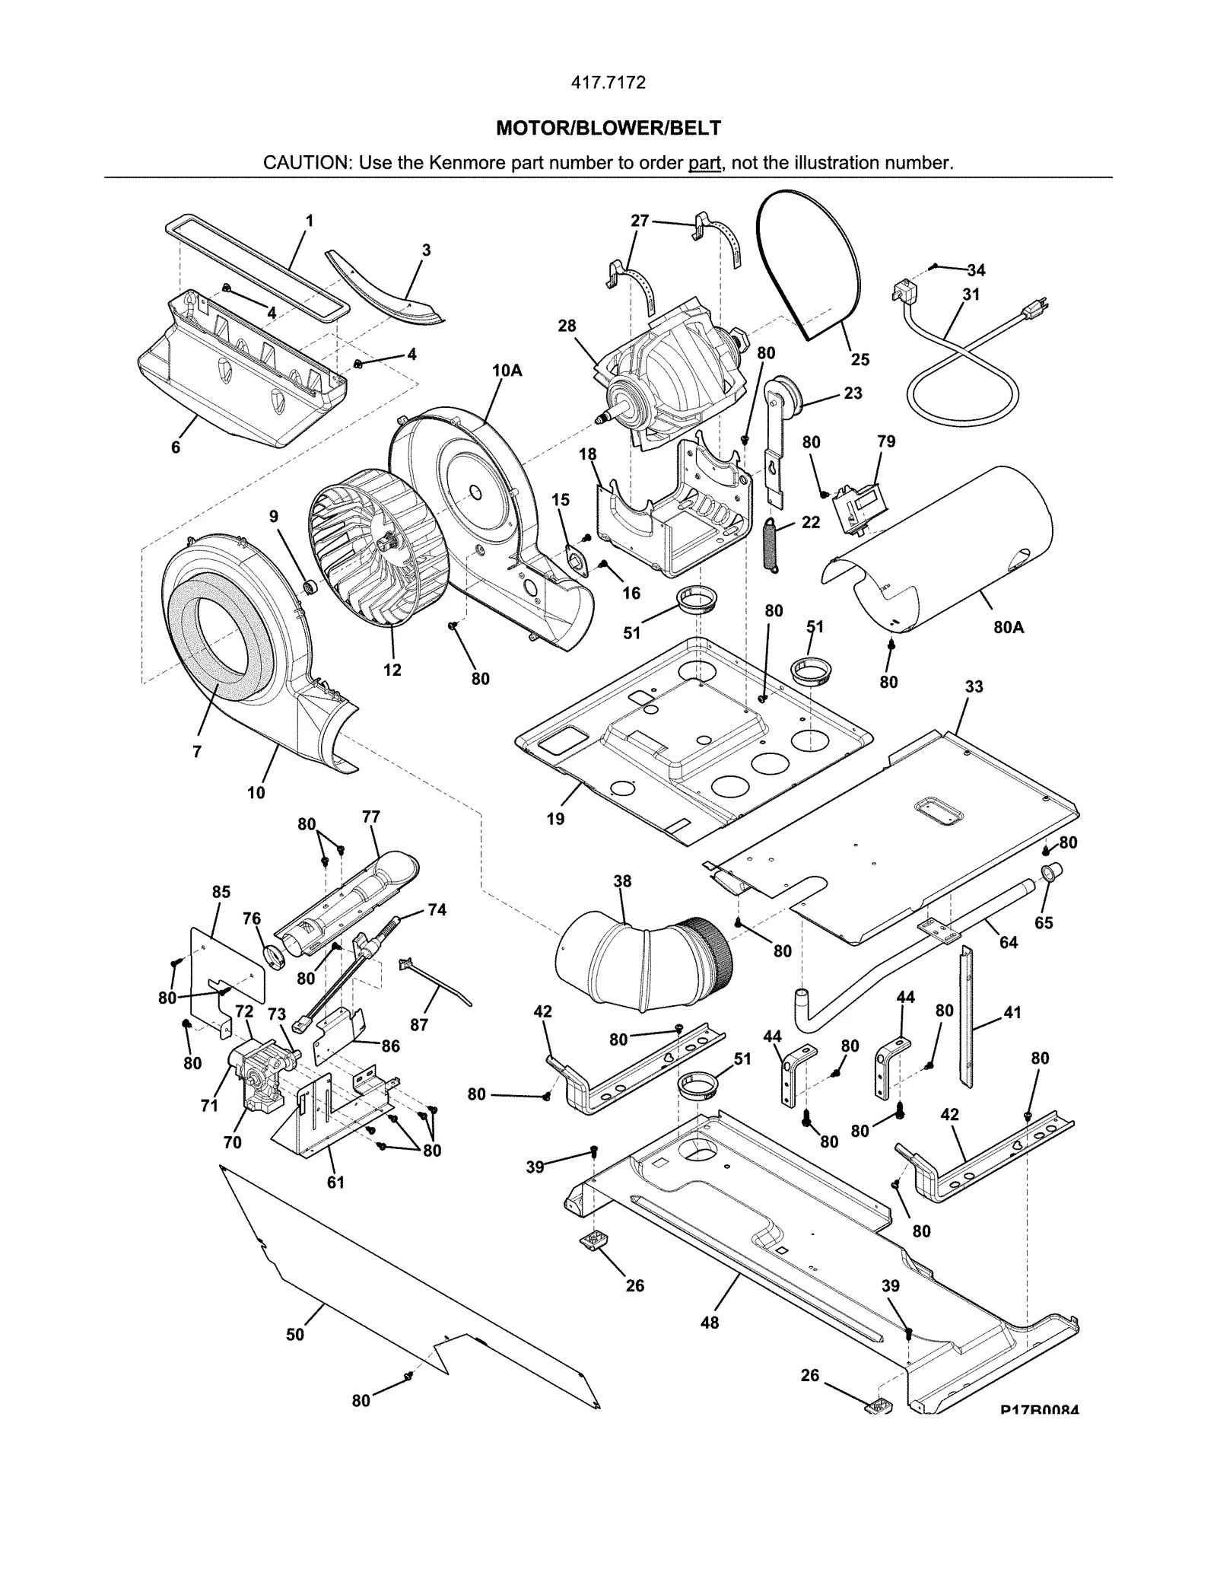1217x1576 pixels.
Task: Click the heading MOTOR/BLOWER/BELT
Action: tap(608, 128)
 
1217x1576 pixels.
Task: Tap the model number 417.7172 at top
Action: tap(608, 83)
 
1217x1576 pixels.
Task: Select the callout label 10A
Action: tap(507, 371)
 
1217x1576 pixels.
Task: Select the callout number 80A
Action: tap(1008, 628)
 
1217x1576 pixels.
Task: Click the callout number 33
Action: tap(974, 686)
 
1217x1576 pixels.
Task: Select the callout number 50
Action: tap(295, 1334)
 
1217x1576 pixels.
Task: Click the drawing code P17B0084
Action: tap(1039, 1410)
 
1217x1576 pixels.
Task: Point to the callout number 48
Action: tap(709, 1323)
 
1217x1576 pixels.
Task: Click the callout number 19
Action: tap(555, 819)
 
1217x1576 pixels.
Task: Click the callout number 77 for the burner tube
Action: tap(371, 817)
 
